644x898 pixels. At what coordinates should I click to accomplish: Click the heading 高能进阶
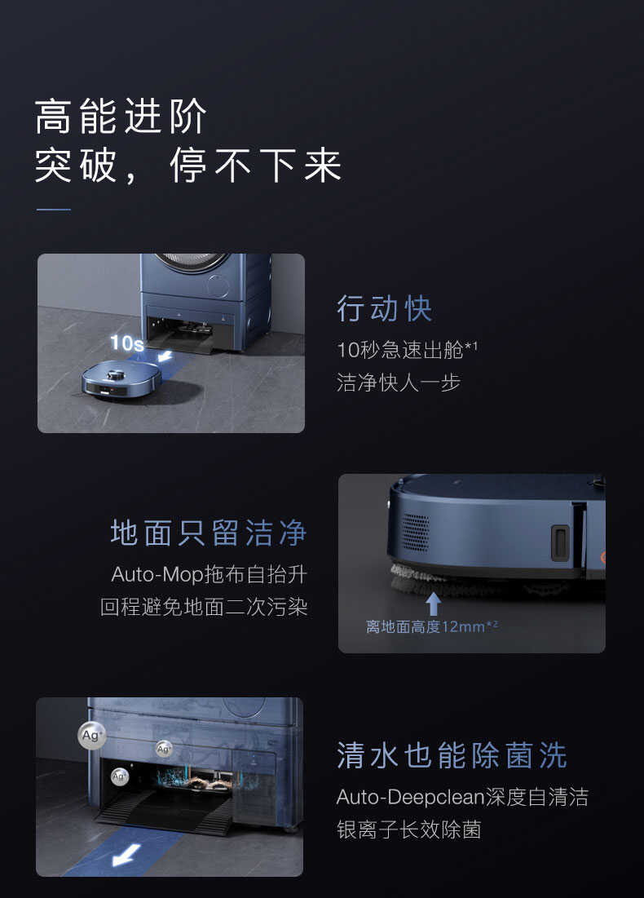click(x=121, y=117)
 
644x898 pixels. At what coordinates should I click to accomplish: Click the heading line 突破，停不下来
click(x=187, y=166)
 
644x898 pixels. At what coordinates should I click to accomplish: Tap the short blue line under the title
click(x=54, y=210)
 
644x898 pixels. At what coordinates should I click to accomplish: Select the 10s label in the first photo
click(x=126, y=343)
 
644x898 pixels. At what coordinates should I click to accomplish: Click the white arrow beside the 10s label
click(x=165, y=356)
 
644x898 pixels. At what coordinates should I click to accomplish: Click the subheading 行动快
click(x=385, y=309)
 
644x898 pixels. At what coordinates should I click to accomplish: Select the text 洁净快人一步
click(x=399, y=382)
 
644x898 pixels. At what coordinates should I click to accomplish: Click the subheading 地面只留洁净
click(x=209, y=533)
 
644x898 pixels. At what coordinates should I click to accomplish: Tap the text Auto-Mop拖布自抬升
click(x=209, y=574)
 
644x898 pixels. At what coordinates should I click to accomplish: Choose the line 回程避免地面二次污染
click(x=204, y=608)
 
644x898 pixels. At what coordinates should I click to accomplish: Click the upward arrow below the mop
click(x=434, y=604)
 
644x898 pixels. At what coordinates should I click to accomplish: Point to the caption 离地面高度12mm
click(x=431, y=627)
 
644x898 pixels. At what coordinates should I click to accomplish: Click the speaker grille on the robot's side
click(x=415, y=531)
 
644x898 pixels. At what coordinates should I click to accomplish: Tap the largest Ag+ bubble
click(x=92, y=734)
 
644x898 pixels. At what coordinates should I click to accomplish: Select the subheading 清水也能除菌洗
click(x=452, y=755)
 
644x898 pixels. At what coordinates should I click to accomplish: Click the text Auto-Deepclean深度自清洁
click(x=462, y=796)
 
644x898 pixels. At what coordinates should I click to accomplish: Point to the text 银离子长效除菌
click(x=408, y=829)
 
